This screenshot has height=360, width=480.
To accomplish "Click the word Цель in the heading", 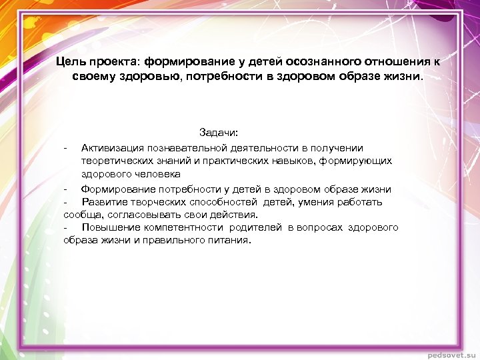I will point(70,61).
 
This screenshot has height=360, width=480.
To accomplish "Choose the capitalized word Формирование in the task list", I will point(116,189).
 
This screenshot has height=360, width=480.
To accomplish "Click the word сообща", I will point(81,215).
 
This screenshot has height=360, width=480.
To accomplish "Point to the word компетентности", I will point(181,228).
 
